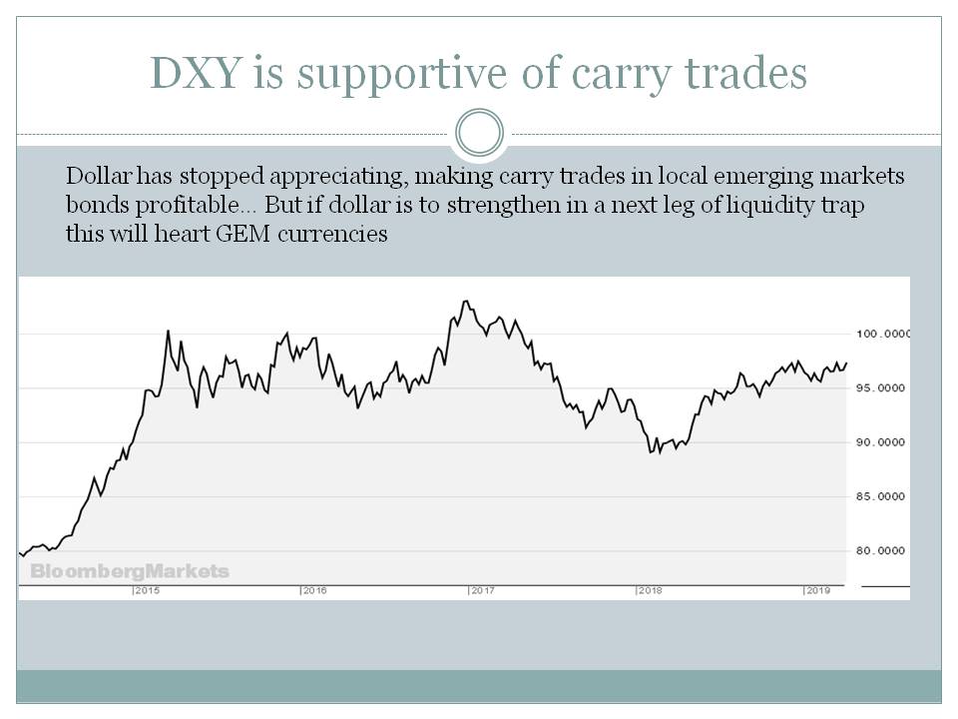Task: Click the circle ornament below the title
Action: pyautogui.click(x=478, y=133)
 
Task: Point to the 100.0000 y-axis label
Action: pyautogui.click(x=882, y=334)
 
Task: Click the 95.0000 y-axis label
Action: pyautogui.click(x=882, y=387)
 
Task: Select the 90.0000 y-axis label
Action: pyautogui.click(x=882, y=442)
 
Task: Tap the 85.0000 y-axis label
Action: pyautogui.click(x=882, y=496)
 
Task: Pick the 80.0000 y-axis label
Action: pyautogui.click(x=882, y=550)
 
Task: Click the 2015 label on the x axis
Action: pyautogui.click(x=148, y=591)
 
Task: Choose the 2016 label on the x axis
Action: pyautogui.click(x=315, y=591)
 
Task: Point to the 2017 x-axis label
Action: pyautogui.click(x=483, y=591)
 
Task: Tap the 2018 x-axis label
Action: pyautogui.click(x=651, y=591)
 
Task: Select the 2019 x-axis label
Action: pyautogui.click(x=819, y=591)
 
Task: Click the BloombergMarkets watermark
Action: pyautogui.click(x=130, y=572)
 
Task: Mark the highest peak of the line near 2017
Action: pyautogui.click(x=464, y=301)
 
